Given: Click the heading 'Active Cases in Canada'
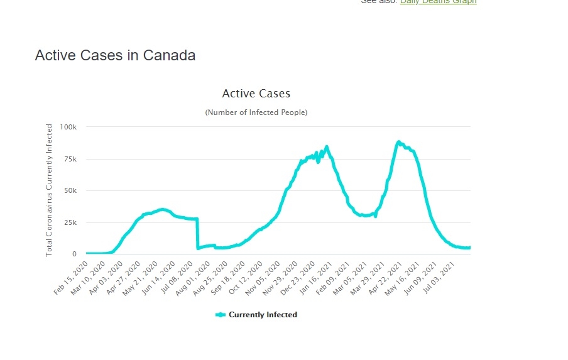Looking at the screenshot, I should [115, 55].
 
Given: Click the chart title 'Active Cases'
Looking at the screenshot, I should [256, 94].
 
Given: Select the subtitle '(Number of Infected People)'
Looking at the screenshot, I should [256, 112].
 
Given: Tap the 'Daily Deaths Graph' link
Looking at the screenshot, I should [438, 2].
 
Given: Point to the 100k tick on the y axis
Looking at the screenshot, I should [68, 127].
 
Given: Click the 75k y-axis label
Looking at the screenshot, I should [70, 159].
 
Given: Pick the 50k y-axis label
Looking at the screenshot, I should [70, 191].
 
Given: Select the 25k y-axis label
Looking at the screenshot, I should [70, 222].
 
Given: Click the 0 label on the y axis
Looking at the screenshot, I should [74, 254].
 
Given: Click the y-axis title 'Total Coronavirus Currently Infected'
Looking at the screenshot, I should [49, 190].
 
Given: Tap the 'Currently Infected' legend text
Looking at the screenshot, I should [263, 315].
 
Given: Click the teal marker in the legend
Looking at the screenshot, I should [220, 315].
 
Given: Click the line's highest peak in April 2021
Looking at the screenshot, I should [398, 142].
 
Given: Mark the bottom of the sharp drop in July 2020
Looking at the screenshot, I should [198, 248].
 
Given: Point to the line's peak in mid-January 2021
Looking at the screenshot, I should [327, 147].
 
